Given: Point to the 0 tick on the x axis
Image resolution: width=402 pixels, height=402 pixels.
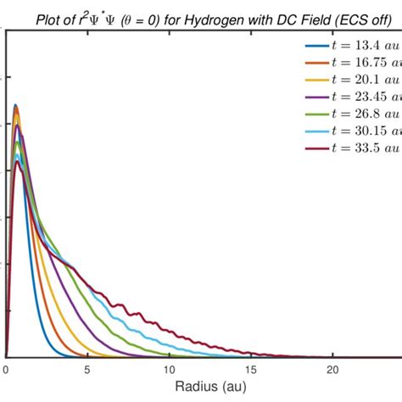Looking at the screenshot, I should [6, 369].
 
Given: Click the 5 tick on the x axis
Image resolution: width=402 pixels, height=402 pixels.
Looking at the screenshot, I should [88, 369].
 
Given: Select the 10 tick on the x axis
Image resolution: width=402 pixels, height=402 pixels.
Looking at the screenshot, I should [170, 369].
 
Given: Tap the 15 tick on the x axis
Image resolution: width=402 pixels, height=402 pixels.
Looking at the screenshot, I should [253, 369].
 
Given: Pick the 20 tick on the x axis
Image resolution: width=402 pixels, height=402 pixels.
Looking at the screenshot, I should [334, 369].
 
